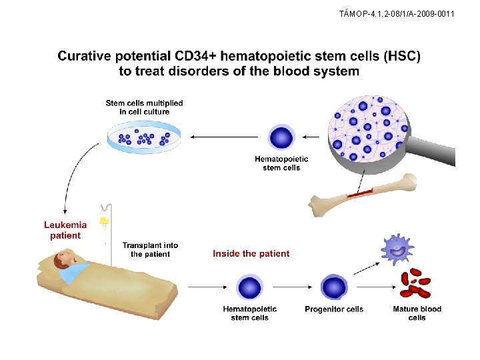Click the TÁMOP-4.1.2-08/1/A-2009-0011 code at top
pos(397,13)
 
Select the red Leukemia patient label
pos(65,230)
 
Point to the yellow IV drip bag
pos(104,220)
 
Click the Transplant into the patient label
pos(150,249)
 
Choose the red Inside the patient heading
pos(251,253)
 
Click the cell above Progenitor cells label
pos(333,287)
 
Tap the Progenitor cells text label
pos(334,309)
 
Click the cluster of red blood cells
pos(416,283)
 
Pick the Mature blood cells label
pos(417,313)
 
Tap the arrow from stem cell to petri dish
pos(223,137)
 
